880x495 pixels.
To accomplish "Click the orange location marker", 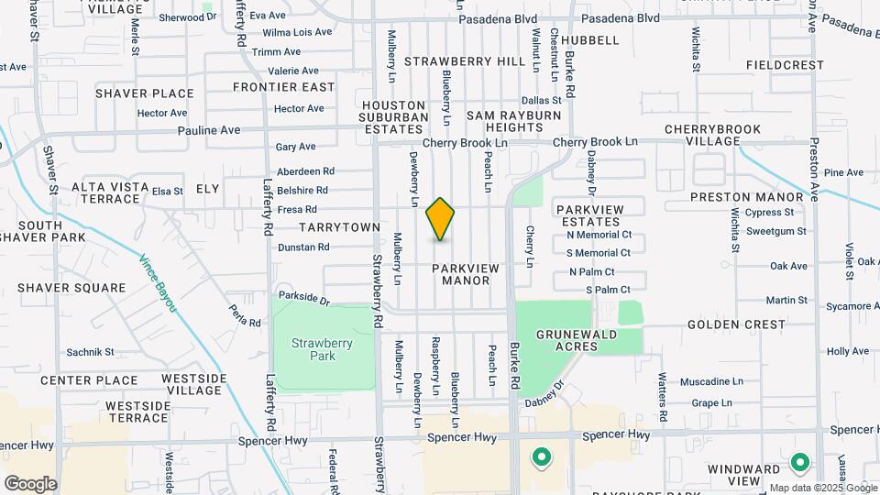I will click(x=441, y=218).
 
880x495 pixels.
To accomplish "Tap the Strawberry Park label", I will click(x=322, y=349).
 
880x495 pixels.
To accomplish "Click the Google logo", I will click(x=30, y=483).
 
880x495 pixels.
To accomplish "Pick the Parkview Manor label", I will click(x=466, y=274).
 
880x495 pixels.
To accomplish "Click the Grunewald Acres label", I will click(x=577, y=341).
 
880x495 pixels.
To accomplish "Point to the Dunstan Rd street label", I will click(x=303, y=247).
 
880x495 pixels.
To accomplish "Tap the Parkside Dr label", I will click(x=302, y=298).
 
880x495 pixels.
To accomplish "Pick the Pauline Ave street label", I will click(x=208, y=130).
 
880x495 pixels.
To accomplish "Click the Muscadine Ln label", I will click(x=711, y=381).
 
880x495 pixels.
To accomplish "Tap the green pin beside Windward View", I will click(x=799, y=463).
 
